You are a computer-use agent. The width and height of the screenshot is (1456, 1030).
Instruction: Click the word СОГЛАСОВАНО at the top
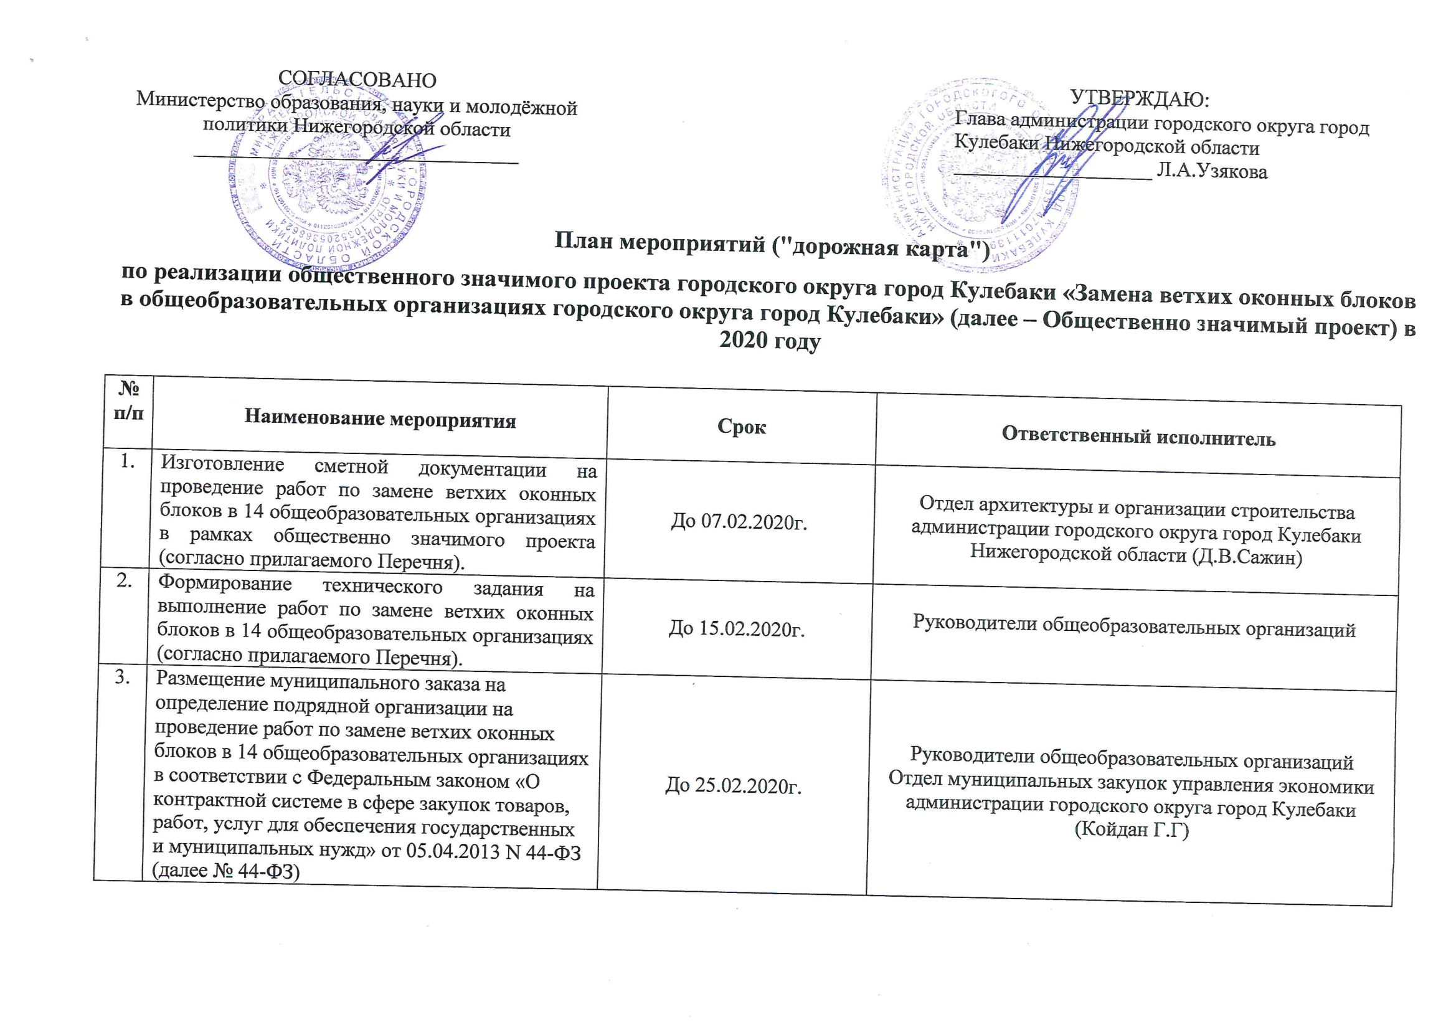click(x=357, y=80)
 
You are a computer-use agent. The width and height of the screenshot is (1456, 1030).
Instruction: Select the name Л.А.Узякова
click(x=1212, y=171)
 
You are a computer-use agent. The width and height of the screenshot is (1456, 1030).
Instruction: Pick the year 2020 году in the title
click(x=770, y=341)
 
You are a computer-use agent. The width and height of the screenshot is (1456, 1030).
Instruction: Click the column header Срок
click(x=741, y=427)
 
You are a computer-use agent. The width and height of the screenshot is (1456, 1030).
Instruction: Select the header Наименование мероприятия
click(x=380, y=418)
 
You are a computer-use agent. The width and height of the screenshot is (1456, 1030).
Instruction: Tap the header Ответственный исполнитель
click(x=1138, y=437)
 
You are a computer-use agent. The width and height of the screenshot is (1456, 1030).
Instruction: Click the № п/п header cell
click(x=128, y=400)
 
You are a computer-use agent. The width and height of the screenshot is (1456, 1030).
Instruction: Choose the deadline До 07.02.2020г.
click(x=739, y=522)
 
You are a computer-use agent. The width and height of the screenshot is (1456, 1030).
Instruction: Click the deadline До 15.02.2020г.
click(x=737, y=628)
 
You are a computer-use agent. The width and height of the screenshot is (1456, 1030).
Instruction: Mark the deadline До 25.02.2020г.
click(x=733, y=786)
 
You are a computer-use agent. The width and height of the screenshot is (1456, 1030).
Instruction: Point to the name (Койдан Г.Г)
click(x=1132, y=829)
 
